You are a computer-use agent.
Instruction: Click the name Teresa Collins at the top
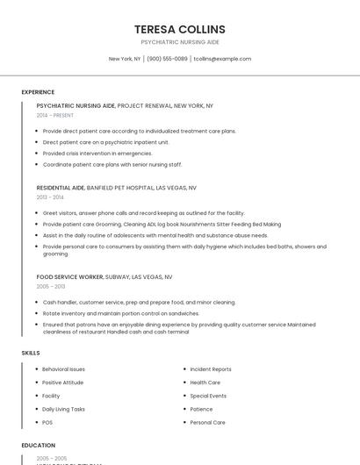coord(180,29)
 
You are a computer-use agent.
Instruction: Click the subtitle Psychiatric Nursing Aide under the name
coord(180,42)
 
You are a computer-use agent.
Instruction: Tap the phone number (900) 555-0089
coord(167,59)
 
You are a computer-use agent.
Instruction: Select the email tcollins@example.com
coord(222,59)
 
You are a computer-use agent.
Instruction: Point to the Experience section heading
coord(38,92)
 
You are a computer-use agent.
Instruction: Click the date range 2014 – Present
coord(55,115)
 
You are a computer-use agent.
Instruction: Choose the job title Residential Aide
coord(61,188)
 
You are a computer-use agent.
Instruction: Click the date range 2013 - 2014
coord(50,197)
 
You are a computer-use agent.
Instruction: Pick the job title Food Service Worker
coord(70,276)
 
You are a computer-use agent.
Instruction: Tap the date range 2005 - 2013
coord(51,286)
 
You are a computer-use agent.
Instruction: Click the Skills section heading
coord(31,353)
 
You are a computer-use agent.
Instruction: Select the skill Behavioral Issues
coord(63,369)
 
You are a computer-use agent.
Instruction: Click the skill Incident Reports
coord(211,369)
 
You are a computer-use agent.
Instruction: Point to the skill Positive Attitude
coord(63,383)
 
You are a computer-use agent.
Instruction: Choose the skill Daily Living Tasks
coord(64,409)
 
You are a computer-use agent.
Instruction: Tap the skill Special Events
coord(208,396)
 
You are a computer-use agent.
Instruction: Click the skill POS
coord(48,422)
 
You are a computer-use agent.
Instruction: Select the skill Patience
coord(201,409)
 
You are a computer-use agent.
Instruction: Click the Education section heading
coord(38,446)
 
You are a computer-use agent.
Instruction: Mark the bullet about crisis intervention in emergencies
coord(97,153)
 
